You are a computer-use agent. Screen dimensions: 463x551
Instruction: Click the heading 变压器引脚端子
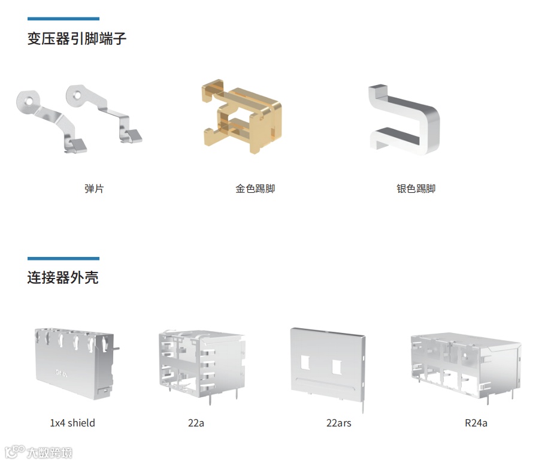[x=77, y=39]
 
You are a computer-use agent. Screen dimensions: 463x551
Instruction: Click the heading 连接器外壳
[x=63, y=278]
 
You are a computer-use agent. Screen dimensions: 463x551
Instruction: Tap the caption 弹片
[x=94, y=189]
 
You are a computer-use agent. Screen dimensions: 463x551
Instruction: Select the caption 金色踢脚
[x=255, y=189]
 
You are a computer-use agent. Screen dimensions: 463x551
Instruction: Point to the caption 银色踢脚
[x=416, y=189]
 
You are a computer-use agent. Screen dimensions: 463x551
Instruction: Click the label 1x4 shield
[x=72, y=423]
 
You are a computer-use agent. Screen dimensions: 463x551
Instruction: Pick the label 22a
[x=196, y=423]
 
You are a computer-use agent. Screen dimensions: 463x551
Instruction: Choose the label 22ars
[x=338, y=423]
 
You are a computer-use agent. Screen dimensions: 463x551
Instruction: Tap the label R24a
[x=476, y=423]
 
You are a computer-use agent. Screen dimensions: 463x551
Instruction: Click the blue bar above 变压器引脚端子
[x=63, y=19]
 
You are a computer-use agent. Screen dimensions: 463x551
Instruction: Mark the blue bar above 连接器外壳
[x=63, y=258]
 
